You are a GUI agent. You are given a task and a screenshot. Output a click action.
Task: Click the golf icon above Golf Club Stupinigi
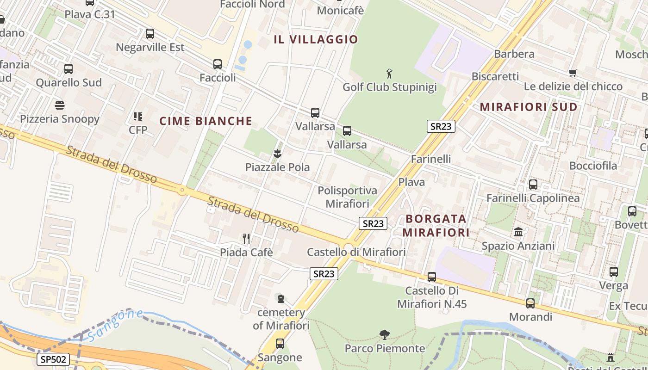click(x=389, y=73)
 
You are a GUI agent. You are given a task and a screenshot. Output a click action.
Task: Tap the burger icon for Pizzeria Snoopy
click(x=60, y=105)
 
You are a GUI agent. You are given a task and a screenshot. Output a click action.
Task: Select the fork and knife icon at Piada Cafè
click(x=246, y=239)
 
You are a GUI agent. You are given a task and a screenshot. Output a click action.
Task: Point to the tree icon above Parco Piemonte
click(x=384, y=334)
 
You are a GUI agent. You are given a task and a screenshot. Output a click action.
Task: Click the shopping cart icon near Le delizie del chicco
click(x=573, y=73)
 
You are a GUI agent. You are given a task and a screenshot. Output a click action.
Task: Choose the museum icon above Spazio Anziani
click(x=518, y=232)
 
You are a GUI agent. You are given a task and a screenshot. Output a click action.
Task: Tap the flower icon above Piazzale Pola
click(x=277, y=153)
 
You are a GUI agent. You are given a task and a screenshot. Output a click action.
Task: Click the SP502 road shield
click(x=53, y=359)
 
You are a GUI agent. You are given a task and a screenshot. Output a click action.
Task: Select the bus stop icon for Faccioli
click(x=218, y=64)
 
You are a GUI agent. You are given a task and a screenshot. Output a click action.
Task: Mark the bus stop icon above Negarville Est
click(x=150, y=34)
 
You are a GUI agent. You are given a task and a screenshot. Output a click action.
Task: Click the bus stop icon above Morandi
click(x=530, y=303)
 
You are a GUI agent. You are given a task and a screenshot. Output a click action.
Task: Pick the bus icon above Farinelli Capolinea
click(x=533, y=185)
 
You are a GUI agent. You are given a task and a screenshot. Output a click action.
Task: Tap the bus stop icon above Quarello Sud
click(x=69, y=69)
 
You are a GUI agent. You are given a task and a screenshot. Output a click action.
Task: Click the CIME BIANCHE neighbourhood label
click(x=206, y=121)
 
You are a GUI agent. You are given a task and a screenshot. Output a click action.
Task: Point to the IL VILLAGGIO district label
click(x=316, y=39)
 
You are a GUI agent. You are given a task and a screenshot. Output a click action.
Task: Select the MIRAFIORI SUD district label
click(x=529, y=107)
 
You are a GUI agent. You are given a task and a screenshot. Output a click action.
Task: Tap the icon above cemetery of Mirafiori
click(x=280, y=299)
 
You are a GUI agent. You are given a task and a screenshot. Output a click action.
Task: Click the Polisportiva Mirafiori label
click(x=347, y=197)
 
